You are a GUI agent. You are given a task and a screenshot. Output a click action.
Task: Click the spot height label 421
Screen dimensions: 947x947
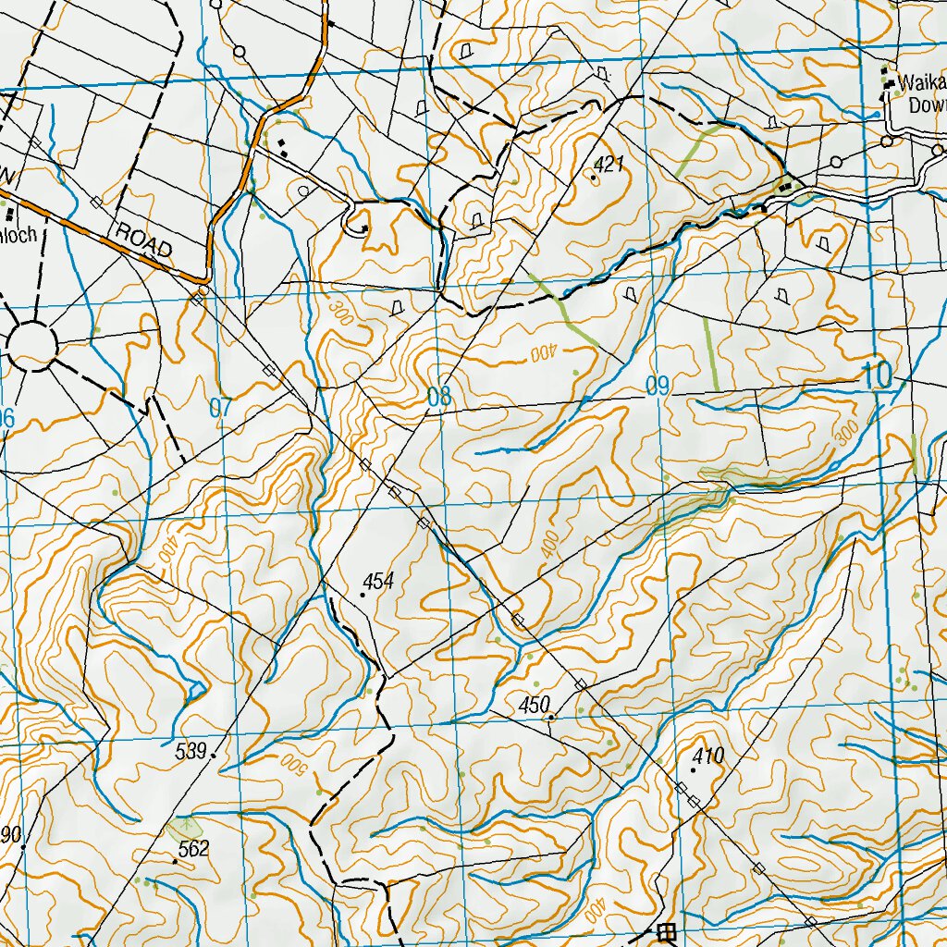[610, 165]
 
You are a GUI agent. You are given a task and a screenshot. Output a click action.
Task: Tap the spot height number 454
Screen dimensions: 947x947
[379, 582]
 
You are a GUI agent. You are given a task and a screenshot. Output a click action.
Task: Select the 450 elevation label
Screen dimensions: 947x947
[535, 705]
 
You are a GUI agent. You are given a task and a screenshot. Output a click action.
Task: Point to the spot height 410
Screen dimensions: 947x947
[707, 756]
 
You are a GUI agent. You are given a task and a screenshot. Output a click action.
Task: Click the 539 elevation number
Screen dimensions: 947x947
[191, 751]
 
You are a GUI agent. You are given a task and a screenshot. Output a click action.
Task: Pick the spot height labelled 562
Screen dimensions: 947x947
[193, 849]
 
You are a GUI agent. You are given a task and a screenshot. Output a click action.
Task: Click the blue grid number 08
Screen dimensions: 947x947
[439, 399]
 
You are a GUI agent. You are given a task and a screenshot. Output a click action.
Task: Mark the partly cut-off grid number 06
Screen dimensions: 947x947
[6, 419]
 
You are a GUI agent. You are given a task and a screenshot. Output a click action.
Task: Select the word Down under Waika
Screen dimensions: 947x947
[927, 105]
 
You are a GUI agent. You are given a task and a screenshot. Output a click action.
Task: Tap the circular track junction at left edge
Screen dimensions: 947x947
[32, 345]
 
